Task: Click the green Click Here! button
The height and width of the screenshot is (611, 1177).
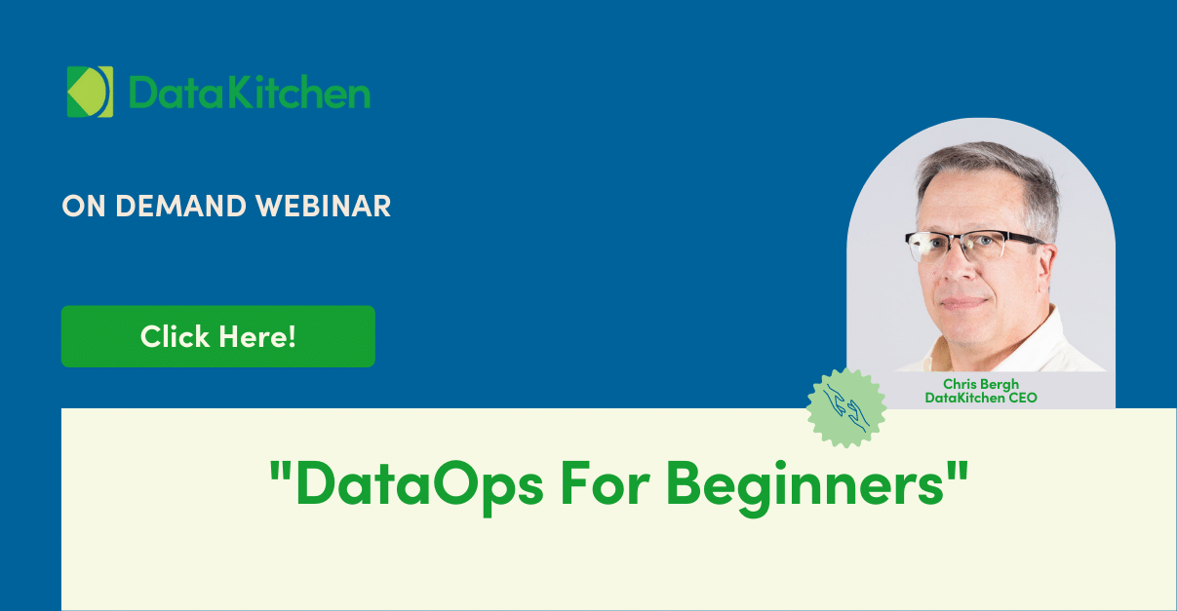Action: tap(218, 336)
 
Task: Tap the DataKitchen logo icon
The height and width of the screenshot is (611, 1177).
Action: tap(90, 92)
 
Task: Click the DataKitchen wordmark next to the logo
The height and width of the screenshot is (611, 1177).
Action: tap(250, 92)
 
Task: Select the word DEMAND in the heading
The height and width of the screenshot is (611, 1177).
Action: tap(180, 206)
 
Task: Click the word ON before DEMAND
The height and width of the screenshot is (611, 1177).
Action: tap(84, 206)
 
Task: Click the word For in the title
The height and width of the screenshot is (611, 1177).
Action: tap(606, 483)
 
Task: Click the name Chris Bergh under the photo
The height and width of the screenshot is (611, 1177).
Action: tap(980, 384)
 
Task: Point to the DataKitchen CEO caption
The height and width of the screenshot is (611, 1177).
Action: tap(980, 398)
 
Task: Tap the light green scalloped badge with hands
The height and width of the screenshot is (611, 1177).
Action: tap(846, 408)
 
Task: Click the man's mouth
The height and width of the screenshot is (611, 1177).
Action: tap(962, 303)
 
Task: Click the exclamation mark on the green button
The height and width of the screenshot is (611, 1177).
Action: tap(292, 337)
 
